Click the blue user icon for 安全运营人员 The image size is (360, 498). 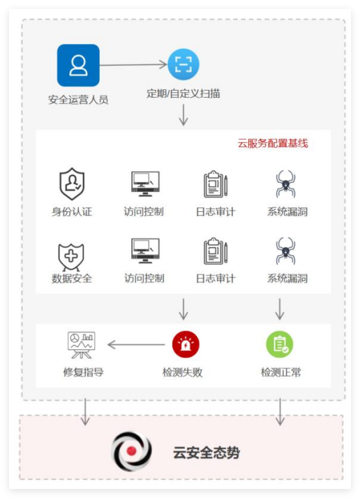coord(78,65)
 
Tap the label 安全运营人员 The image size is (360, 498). coord(78,100)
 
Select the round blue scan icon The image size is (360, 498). coord(183,64)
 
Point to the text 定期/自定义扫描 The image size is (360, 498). coord(183,93)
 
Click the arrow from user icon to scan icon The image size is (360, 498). coord(133,65)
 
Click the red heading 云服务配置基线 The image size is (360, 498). coord(273,143)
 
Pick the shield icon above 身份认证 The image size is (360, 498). coord(72,183)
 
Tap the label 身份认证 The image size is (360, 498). coord(72,211)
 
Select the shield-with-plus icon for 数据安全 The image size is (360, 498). coord(71,257)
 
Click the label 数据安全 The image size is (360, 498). coord(72,278)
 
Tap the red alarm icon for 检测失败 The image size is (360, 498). coord(186,345)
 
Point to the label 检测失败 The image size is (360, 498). coord(182,372)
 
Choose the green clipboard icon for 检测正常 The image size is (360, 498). coord(280,345)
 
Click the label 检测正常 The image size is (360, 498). coord(281,372)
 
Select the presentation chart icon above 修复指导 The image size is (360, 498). coord(82,345)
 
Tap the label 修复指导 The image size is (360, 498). coord(83,372)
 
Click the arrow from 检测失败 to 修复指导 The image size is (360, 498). coord(136,345)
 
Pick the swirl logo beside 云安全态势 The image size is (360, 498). coord(132,451)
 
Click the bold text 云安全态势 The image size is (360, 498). coord(207,452)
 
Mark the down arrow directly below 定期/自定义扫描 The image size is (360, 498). coord(183,115)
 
